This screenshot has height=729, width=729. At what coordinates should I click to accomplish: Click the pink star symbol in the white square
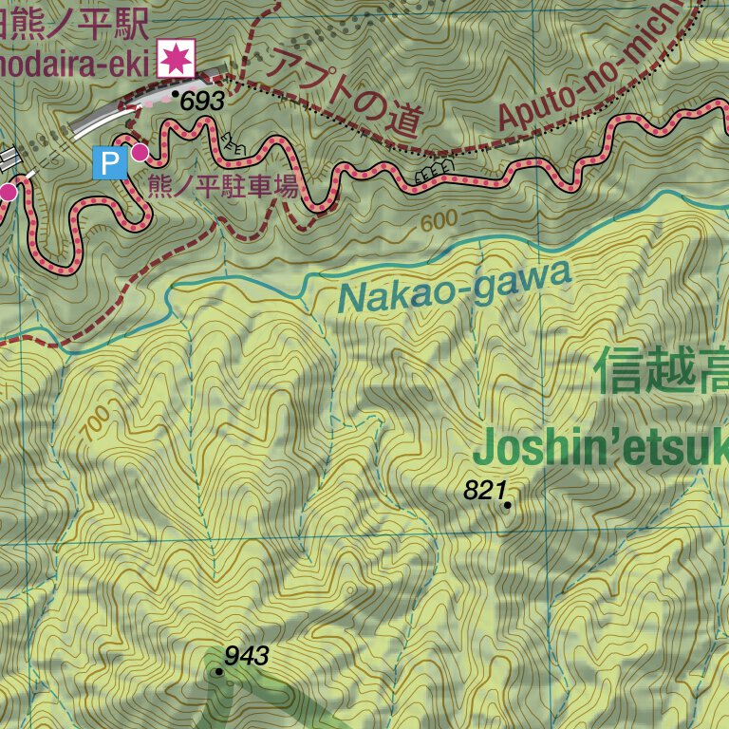tap(177, 58)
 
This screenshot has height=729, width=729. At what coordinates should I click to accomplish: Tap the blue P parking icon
tap(108, 161)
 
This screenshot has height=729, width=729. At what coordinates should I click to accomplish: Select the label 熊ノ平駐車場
tap(223, 185)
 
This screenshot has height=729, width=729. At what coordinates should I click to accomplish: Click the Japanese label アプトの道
tap(343, 92)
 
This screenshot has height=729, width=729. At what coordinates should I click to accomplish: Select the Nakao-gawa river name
tap(456, 286)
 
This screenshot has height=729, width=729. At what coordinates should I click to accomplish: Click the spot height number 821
tap(484, 491)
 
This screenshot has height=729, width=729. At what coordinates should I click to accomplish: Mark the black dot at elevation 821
tap(508, 505)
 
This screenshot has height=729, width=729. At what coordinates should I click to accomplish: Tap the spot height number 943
tap(247, 655)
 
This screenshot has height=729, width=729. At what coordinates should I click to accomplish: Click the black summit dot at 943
tap(219, 671)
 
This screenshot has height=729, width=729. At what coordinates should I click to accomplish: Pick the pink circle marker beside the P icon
tap(140, 152)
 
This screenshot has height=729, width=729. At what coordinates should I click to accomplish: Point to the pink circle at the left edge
tap(8, 193)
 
